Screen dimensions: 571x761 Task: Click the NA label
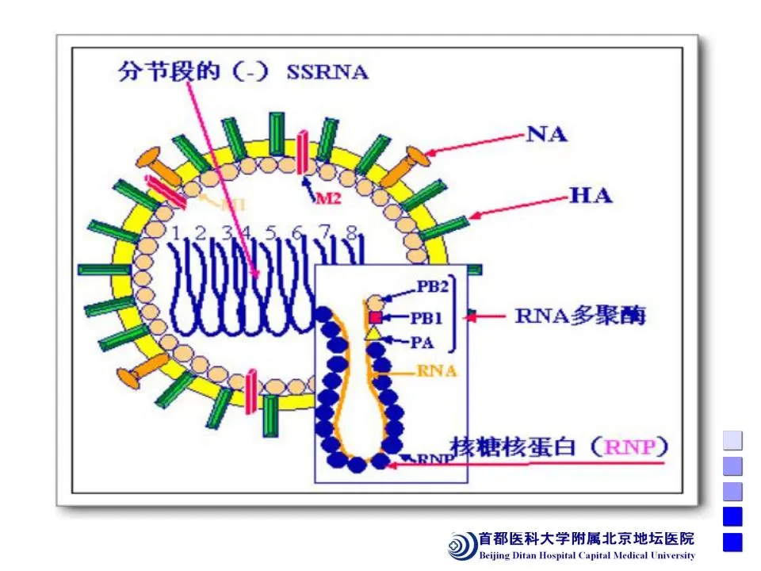coord(548,134)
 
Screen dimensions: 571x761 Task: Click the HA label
coord(591,195)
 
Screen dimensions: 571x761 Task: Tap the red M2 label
coord(328,199)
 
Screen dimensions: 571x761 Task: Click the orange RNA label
coord(437,370)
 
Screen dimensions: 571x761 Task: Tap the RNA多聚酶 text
coord(580,316)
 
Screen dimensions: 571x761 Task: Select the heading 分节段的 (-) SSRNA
coord(243,73)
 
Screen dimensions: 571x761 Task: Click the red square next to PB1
coord(376,318)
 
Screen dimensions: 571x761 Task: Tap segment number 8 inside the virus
coord(351,232)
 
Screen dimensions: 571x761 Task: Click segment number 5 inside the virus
coord(271,232)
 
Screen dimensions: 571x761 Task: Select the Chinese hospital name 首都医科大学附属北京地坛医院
coord(586,538)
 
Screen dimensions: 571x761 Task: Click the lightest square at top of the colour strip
coord(732,440)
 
